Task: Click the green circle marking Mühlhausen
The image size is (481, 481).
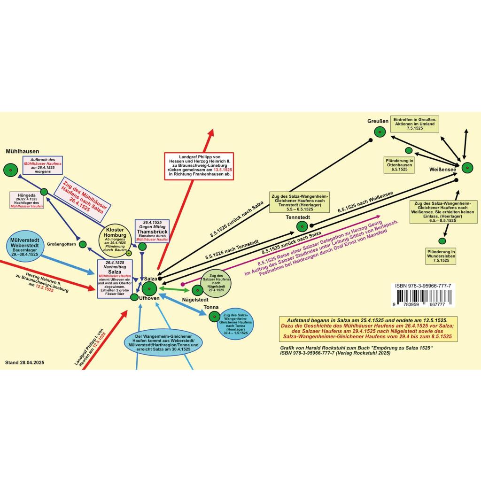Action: click(9, 170)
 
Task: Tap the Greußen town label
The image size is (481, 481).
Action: click(378, 121)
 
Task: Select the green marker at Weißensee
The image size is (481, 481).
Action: click(467, 168)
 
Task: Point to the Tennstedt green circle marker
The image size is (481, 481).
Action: click(302, 227)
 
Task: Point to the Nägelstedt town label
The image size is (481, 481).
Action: click(195, 299)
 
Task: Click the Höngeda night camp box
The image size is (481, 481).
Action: click(27, 200)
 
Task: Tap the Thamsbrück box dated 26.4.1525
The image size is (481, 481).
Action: click(152, 231)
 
